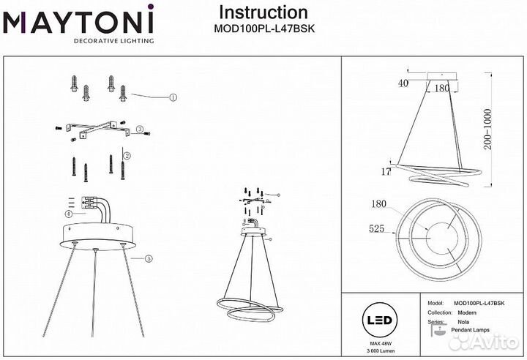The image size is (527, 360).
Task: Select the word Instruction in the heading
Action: [x=263, y=12]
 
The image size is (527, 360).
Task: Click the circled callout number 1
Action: [x=173, y=97]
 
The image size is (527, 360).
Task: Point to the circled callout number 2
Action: [x=127, y=156]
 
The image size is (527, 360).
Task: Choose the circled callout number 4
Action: [x=67, y=214]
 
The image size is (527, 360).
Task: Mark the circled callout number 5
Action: [x=149, y=258]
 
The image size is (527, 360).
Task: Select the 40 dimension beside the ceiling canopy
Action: [x=402, y=83]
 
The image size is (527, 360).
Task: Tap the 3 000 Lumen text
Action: [x=379, y=352]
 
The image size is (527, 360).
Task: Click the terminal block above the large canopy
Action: [x=90, y=204]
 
